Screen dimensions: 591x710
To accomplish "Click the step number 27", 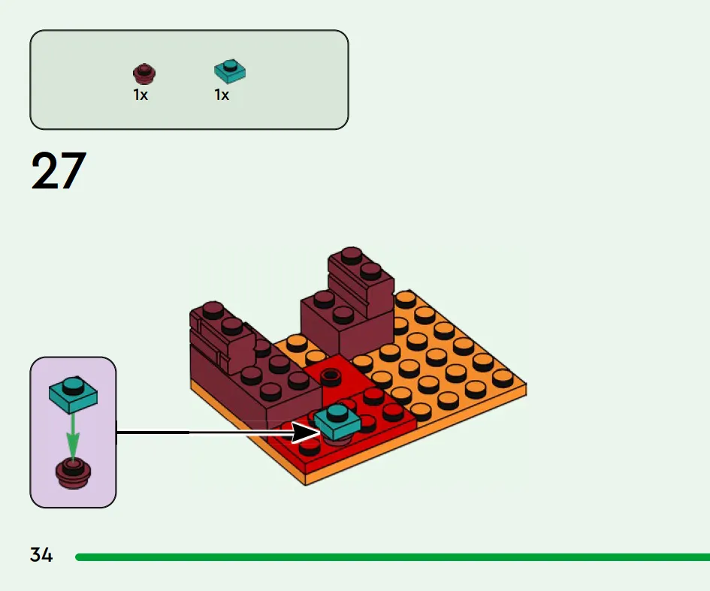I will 59,171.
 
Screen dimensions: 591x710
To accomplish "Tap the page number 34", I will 41,556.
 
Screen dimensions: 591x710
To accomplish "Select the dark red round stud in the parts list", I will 144,74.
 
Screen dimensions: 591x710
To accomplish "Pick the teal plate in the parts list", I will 230,71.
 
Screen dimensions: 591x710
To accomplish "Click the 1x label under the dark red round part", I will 140,95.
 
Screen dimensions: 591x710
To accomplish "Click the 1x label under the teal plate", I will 222,95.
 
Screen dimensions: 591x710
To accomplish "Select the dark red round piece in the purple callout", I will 72,472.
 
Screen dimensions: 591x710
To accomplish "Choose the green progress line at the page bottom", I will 391,557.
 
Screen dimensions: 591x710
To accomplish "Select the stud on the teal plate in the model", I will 337,412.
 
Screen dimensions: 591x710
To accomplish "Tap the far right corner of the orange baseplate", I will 525,387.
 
